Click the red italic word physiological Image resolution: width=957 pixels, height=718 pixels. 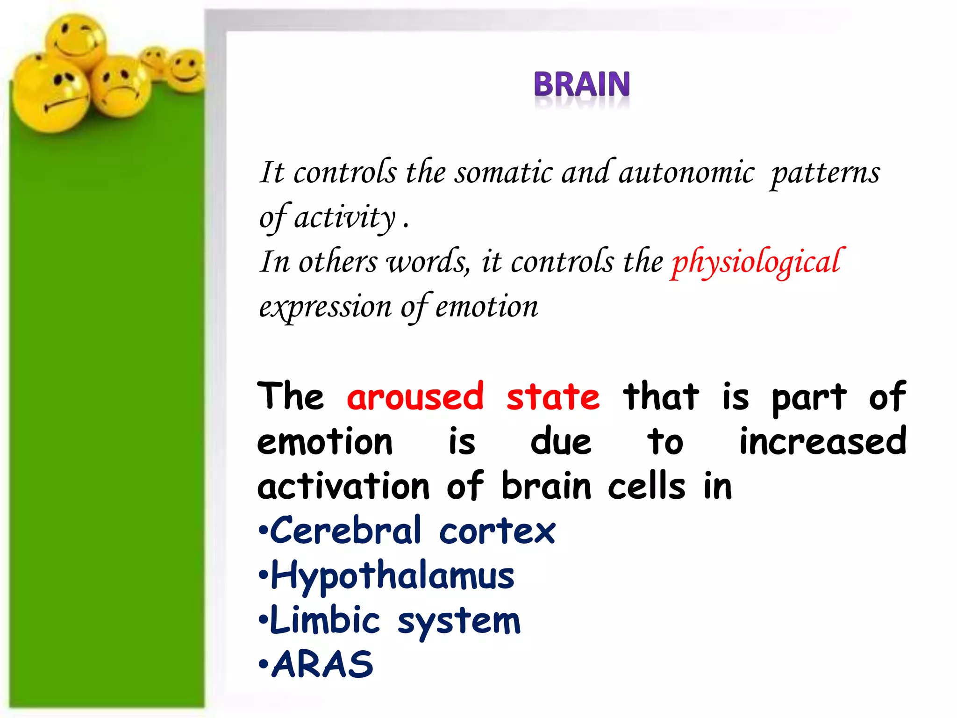coord(757,262)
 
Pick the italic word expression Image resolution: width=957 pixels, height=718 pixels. coord(325,308)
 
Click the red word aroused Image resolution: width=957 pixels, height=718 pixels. coord(415,396)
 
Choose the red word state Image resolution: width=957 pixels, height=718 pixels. coord(553,396)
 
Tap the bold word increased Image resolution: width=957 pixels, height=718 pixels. coord(822,441)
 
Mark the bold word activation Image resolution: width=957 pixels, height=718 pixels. coord(343,486)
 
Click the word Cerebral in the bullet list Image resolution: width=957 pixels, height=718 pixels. coord(346,531)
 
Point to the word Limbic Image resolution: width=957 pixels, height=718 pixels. coord(325,620)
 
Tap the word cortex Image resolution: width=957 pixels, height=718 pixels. coord(497,531)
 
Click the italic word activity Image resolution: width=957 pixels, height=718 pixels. coord(344,217)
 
